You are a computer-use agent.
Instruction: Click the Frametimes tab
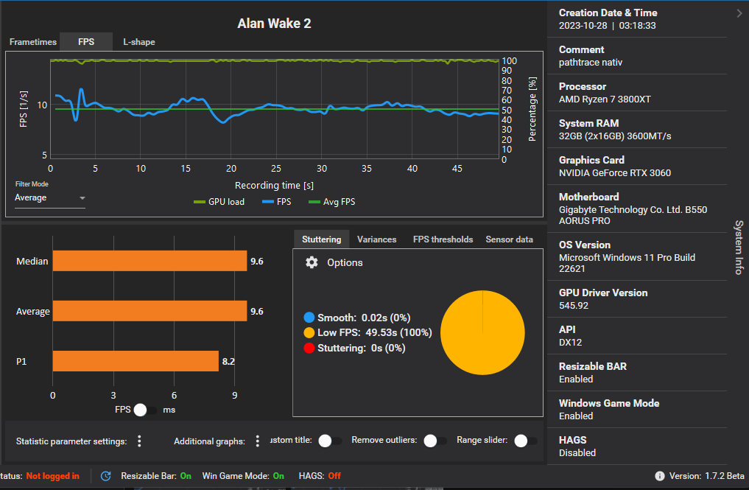pos(33,42)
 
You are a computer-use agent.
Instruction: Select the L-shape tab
pos(139,42)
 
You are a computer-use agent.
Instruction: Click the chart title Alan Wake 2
pos(274,24)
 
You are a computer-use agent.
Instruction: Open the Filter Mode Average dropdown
pos(50,198)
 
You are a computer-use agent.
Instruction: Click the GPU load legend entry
pos(219,202)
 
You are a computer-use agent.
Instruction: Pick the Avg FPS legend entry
pos(332,202)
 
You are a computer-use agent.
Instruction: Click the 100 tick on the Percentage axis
pos(509,61)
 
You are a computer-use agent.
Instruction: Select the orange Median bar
pos(150,261)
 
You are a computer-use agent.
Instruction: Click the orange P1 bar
pos(136,361)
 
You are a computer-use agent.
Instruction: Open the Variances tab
pos(376,239)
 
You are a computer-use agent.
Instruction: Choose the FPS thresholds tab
pos(443,239)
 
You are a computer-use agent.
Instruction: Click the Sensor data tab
pos(509,239)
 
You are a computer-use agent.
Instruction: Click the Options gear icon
pos(312,262)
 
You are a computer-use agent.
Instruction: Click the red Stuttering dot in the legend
pos(309,348)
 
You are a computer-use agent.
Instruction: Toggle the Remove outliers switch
pos(435,441)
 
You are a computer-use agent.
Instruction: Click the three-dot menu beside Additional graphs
pos(258,441)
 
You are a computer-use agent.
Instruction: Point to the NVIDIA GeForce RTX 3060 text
pos(615,173)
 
